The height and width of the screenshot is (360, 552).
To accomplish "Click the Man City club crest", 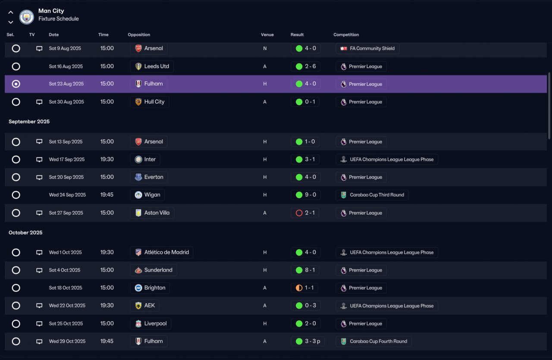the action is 27,17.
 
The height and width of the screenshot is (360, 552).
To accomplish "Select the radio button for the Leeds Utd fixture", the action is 16,66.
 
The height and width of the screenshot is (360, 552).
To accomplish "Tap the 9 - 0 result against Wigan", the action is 310,195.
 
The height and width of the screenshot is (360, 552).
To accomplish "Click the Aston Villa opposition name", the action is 157,213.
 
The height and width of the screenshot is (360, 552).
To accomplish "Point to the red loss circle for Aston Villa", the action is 299,213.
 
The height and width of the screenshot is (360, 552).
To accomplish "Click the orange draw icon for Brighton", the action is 299,288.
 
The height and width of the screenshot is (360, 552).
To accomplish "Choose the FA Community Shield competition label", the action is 372,48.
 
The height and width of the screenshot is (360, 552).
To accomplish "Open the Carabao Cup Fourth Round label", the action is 379,341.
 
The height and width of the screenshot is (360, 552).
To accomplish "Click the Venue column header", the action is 267,35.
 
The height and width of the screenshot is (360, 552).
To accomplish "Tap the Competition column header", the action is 346,35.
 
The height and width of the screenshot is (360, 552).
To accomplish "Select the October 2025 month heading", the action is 25,233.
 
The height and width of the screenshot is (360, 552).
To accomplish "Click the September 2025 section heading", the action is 29,122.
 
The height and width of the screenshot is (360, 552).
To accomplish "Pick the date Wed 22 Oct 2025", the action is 67,306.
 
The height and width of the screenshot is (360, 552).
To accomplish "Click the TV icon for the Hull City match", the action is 39,102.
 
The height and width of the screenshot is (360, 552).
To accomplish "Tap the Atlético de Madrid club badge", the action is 138,252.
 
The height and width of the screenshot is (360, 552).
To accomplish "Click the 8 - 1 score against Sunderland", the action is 310,270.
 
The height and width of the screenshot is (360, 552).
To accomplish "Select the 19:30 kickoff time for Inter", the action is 107,160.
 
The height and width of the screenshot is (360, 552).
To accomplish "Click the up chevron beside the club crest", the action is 11,13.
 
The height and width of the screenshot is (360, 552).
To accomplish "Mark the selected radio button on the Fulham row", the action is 16,84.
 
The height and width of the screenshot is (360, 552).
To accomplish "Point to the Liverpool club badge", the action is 138,323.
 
